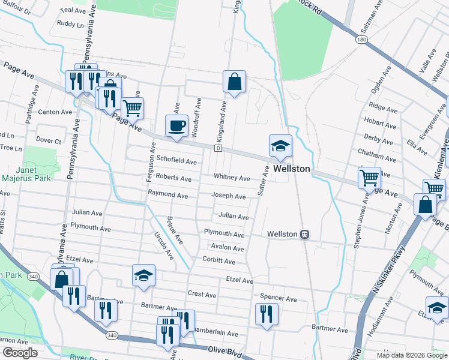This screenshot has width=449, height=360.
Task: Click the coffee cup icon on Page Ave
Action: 176,126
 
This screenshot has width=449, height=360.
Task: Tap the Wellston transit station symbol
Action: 305,234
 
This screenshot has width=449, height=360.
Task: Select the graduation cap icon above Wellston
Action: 280,146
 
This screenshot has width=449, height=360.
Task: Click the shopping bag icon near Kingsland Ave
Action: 234,82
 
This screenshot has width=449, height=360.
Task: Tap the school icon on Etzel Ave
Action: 143,276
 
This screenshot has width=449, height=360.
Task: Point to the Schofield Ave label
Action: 176,162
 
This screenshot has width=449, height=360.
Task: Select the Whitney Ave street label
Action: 232,178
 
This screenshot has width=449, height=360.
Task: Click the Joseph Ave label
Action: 228,197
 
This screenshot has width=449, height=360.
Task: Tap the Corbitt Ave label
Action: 219,262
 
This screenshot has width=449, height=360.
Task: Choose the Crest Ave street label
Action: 202,295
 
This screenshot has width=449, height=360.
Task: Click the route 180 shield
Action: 361,40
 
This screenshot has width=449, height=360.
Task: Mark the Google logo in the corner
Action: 20,353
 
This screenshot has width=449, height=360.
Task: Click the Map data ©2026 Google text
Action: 411,355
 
